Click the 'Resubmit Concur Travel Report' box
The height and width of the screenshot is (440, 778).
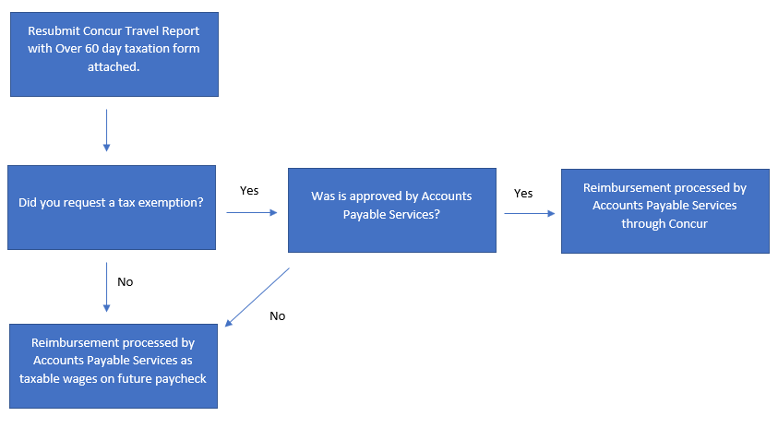(114, 54)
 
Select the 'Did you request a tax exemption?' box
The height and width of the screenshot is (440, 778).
(112, 208)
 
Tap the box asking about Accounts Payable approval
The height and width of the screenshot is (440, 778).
(392, 210)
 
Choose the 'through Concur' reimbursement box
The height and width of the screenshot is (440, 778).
(665, 211)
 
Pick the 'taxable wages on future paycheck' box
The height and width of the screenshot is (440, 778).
(114, 366)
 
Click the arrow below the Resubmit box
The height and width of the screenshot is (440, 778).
(107, 130)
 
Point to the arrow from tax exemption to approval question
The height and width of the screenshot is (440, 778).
(252, 212)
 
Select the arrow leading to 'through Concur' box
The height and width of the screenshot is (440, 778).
(530, 213)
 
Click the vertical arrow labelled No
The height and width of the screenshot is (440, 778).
(107, 287)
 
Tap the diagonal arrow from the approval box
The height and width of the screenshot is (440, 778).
(257, 297)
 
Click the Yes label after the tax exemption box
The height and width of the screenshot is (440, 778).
(249, 191)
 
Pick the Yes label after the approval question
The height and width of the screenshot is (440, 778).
(523, 194)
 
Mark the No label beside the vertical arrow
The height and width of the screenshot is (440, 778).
(125, 281)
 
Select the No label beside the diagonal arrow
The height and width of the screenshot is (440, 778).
(278, 316)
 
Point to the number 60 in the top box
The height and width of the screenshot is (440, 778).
(91, 49)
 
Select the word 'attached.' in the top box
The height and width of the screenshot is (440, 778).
(114, 67)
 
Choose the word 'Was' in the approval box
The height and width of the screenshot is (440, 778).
(323, 196)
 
